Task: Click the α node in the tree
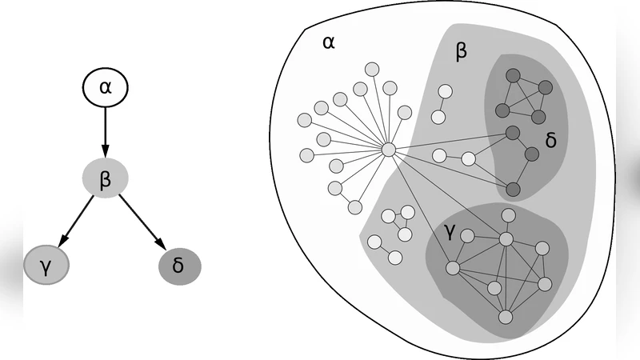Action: [106, 86]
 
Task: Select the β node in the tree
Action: [105, 178]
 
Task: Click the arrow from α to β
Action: [105, 132]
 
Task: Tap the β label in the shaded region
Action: [461, 53]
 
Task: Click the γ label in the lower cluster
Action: [450, 233]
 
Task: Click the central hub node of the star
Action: [388, 150]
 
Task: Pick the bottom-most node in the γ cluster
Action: [505, 317]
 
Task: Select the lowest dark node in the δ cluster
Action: [513, 190]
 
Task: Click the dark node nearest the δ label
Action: [530, 154]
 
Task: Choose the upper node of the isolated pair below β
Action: [445, 92]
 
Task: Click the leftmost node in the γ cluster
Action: [452, 269]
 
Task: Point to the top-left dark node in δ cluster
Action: [513, 75]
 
